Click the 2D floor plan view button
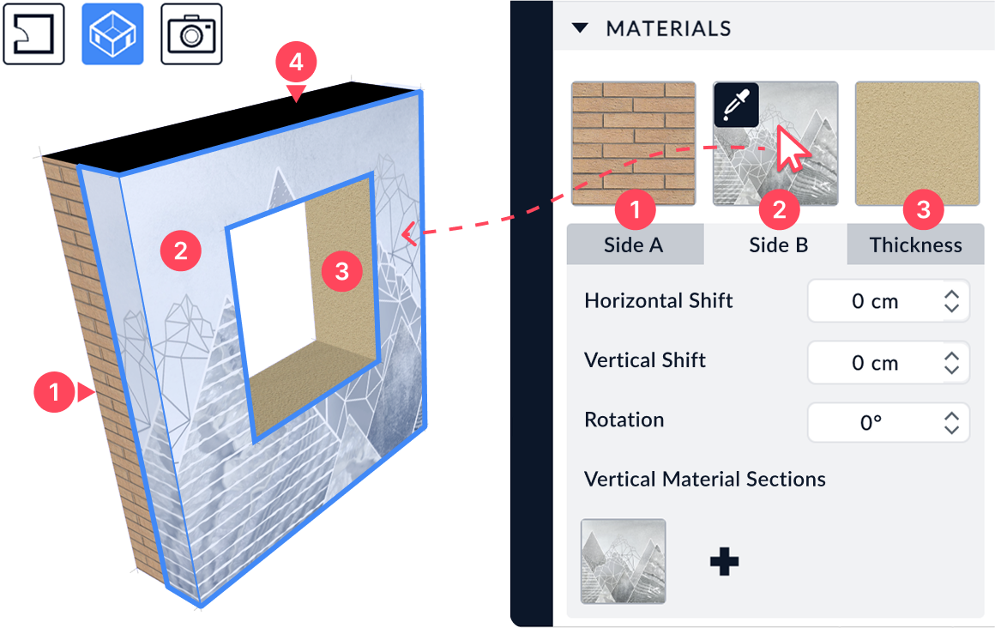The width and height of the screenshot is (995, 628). pyautogui.click(x=33, y=33)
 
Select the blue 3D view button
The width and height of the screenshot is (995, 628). pyautogui.click(x=112, y=33)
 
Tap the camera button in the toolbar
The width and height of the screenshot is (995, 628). pyautogui.click(x=191, y=33)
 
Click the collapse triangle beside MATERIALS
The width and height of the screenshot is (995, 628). pyautogui.click(x=580, y=28)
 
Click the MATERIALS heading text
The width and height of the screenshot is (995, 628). pyautogui.click(x=668, y=28)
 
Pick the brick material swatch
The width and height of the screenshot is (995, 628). pyautogui.click(x=633, y=143)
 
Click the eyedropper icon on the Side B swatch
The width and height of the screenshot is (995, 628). pyautogui.click(x=736, y=105)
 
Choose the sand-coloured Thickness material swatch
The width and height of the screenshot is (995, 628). pyautogui.click(x=917, y=143)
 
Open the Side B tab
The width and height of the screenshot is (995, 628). pyautogui.click(x=778, y=245)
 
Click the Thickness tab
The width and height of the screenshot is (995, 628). pyautogui.click(x=916, y=245)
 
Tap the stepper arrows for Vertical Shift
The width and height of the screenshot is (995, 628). pyautogui.click(x=951, y=363)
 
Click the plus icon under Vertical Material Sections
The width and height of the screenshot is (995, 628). pyautogui.click(x=724, y=561)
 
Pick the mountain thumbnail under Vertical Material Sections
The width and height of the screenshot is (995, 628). pyautogui.click(x=623, y=561)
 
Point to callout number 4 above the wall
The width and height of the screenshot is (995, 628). pyautogui.click(x=296, y=63)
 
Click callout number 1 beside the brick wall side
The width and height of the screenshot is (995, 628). pyautogui.click(x=54, y=392)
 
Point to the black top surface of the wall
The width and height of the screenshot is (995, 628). pyautogui.click(x=228, y=127)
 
